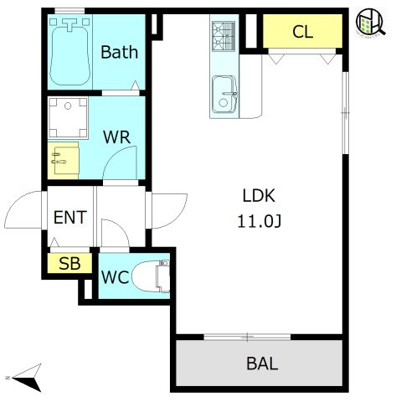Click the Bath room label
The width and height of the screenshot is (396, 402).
click(120, 52)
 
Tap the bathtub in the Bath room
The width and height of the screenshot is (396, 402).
click(70, 52)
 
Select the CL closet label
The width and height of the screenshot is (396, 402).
click(303, 32)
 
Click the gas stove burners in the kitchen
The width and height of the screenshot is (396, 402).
click(224, 36)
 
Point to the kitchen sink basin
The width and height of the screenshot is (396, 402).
click(224, 95)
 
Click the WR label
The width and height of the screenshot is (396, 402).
click(116, 137)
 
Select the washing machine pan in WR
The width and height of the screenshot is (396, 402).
click(68, 117)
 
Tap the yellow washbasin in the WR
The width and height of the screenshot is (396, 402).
click(63, 161)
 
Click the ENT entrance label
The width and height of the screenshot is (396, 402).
click(70, 218)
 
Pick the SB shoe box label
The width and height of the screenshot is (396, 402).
click(69, 263)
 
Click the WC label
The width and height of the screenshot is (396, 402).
click(116, 277)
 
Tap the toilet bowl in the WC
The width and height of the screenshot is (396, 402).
click(151, 276)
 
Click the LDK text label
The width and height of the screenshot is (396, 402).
click(259, 196)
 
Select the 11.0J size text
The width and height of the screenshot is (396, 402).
click(260, 222)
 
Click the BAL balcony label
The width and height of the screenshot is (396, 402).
click(262, 363)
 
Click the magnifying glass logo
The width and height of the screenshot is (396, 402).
click(371, 23)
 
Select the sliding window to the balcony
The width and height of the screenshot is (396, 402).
click(247, 337)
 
